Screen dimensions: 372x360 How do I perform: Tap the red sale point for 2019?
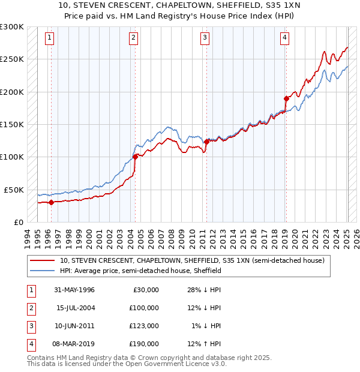coord(286,98)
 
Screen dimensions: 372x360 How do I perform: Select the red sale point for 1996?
coord(51,202)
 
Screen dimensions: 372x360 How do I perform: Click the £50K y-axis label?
coord(14,190)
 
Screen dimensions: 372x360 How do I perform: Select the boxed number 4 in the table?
coord(30,344)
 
